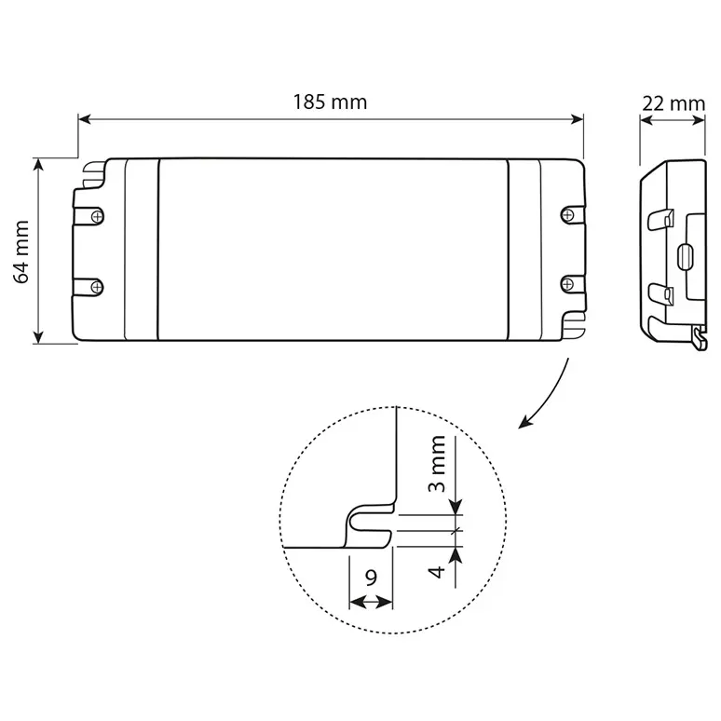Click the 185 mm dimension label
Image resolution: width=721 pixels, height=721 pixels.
coord(330,102)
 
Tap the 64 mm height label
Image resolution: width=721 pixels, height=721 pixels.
coord(21,252)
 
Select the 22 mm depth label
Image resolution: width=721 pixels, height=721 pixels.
coord(673,104)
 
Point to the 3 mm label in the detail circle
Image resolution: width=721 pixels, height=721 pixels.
coord(437,464)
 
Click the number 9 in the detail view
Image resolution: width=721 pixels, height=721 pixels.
coord(371,578)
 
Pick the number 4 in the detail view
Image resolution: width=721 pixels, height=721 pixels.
coord(436,572)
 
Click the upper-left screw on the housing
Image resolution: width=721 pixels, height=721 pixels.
coord(97,216)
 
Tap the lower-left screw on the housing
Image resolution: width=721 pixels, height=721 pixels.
coord(97,288)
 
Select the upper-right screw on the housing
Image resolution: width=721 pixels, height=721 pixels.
coord(568,215)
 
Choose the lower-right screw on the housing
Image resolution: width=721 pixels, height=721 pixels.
coord(568,285)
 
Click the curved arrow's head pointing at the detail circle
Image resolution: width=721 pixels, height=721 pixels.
coord(525,421)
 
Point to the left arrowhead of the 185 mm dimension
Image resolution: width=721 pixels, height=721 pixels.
coord(85,119)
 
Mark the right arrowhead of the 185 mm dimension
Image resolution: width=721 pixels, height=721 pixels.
coord(577,119)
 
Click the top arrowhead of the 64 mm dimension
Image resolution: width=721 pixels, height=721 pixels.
coord(38,165)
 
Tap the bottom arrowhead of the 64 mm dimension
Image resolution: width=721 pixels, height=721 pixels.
coord(38,337)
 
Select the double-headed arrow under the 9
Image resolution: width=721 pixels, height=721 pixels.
coord(371,602)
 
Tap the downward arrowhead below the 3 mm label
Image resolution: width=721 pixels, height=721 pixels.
coord(456,507)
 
